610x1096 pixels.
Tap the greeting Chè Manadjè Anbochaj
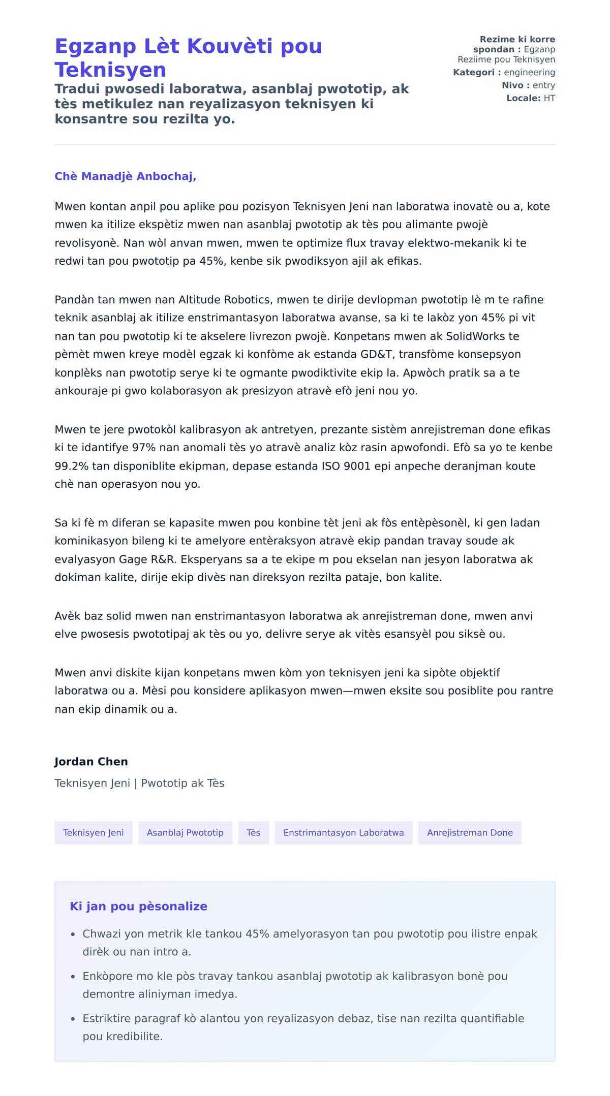[125, 176]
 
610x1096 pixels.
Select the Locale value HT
[549, 98]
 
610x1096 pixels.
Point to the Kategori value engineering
[529, 72]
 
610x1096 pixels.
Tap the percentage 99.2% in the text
[70, 466]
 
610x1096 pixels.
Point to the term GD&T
[377, 354]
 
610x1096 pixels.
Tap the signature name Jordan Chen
[91, 762]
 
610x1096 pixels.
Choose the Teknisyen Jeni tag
[94, 833]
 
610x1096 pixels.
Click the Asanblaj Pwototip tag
[185, 833]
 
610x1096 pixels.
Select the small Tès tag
[253, 833]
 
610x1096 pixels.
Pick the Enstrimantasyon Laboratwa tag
[344, 833]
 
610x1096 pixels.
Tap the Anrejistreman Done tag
[470, 833]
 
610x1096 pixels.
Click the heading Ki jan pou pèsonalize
[138, 906]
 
